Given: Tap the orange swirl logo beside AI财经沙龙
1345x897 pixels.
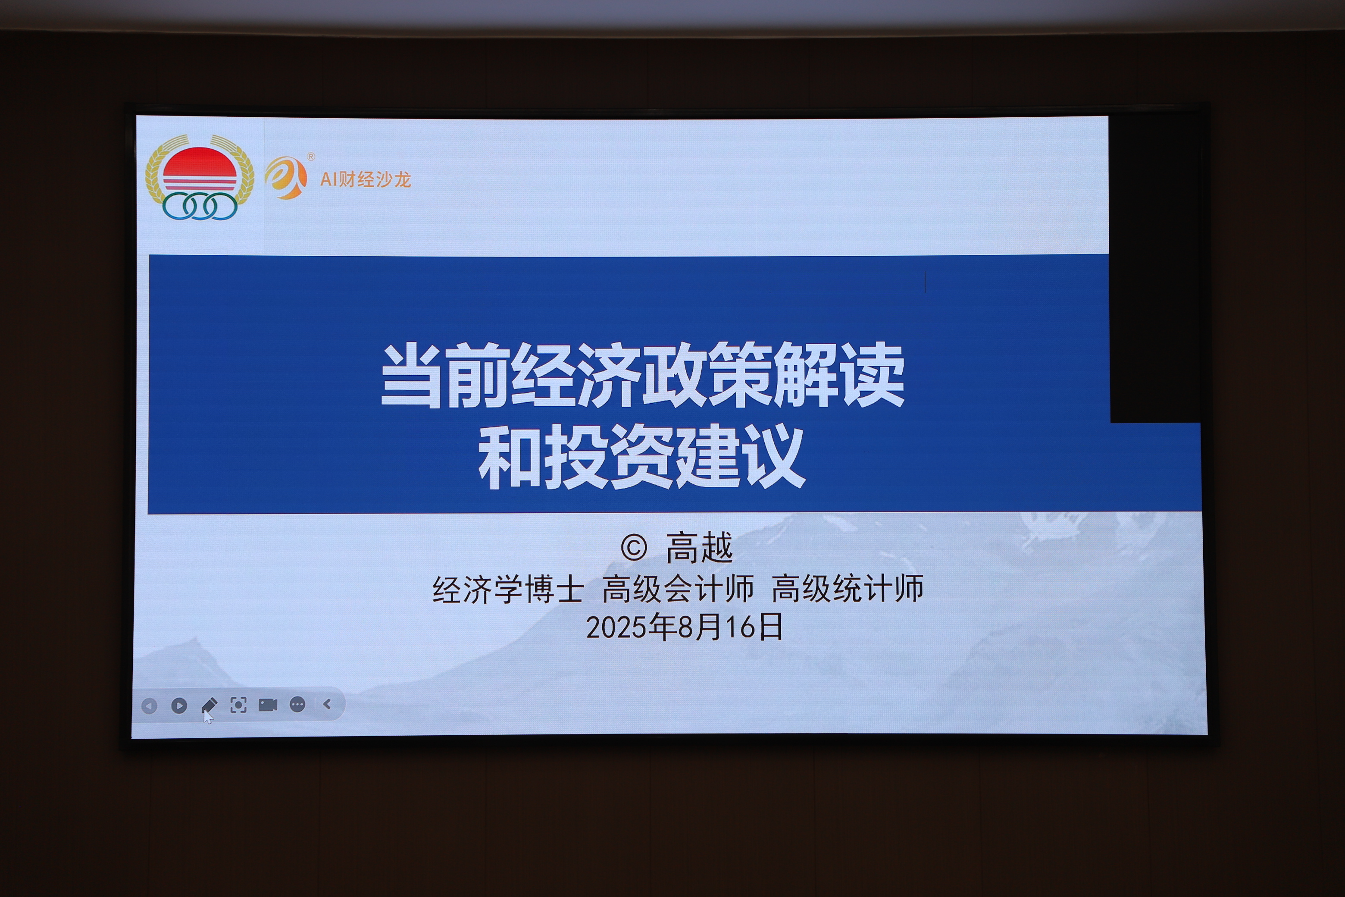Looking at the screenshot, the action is (286, 178).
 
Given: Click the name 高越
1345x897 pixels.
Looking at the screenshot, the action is (699, 547).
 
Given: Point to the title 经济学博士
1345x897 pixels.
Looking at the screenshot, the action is (508, 589).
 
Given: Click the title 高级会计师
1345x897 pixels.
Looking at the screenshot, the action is (678, 589).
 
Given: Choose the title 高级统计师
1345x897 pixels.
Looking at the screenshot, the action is (848, 589).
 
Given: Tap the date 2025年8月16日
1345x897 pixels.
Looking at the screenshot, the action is (685, 627).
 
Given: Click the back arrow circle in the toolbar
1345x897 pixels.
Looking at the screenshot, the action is (149, 706).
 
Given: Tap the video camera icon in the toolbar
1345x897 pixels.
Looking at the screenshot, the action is (268, 705).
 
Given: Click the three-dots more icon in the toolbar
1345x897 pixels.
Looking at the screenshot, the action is (297, 705).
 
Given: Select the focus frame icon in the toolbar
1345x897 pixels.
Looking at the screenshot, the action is (238, 705).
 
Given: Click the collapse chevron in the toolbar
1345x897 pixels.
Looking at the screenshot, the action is (327, 704).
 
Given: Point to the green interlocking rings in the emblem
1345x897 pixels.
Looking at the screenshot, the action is (200, 206).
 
